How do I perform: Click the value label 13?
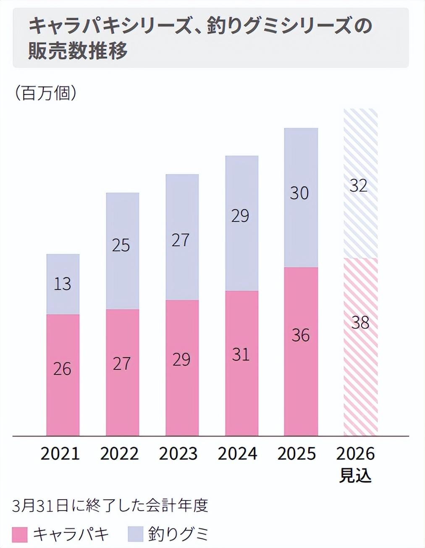coord(63,285)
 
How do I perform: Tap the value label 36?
coord(301,336)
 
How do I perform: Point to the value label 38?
coord(360,323)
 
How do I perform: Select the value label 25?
coord(121,245)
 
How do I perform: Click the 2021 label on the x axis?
coord(60,454)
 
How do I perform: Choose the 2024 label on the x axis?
coord(238,454)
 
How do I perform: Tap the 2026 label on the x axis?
coord(356,454)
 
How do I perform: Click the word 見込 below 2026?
coord(356,476)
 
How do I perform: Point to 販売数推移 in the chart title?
coord(78,51)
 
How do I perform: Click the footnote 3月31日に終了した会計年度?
coord(110,506)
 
